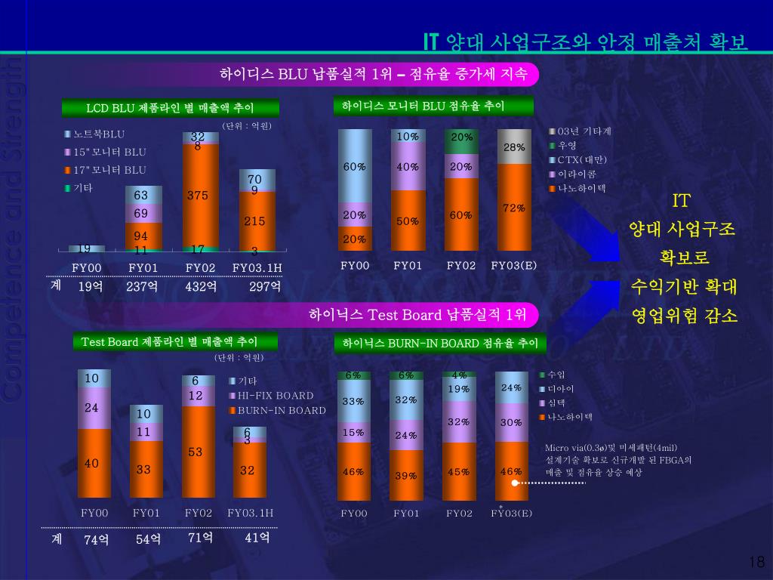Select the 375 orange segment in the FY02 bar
198,196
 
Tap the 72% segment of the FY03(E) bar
514,208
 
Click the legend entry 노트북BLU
99,134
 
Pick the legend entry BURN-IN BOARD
282,411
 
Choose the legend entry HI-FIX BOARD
276,396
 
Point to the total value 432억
201,287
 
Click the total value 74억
97,539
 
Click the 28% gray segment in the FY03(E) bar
514,147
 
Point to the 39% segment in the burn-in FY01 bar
406,475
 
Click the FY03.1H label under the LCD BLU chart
257,267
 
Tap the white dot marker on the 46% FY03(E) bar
515,482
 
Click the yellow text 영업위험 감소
683,316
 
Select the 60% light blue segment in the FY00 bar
355,166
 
